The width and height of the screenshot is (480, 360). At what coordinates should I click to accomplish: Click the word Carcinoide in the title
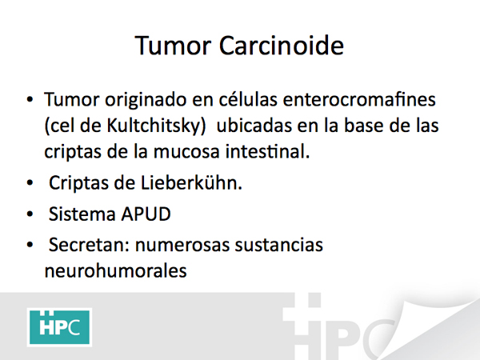pos(282,46)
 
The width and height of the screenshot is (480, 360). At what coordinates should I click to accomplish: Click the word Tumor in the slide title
pos(173,46)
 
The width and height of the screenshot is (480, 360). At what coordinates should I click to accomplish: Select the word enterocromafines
pos(359,99)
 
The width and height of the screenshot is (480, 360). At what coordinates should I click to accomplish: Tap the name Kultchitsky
pos(157,126)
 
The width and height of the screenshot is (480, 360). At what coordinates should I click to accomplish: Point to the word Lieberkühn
pos(191,182)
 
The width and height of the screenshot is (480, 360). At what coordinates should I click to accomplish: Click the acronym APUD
pos(146,214)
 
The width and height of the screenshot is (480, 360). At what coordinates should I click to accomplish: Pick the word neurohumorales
pos(116,270)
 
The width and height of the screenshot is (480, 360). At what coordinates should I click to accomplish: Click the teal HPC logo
pos(60,327)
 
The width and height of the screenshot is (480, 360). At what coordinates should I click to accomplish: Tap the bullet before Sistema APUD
pos(30,214)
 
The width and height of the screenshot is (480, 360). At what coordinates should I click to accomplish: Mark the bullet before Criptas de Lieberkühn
pos(30,182)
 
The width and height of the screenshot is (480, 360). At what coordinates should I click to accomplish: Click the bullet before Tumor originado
pos(30,99)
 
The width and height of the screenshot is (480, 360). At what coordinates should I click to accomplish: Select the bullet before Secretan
pos(30,245)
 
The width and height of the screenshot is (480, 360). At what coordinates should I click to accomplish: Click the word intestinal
pos(267,151)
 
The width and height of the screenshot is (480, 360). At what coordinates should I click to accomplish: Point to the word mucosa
pos(186,152)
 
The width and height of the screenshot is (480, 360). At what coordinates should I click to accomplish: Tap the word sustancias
pos(279,245)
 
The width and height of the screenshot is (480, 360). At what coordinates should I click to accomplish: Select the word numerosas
pos(182,246)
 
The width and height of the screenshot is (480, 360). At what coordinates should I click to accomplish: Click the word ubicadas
pos(254,126)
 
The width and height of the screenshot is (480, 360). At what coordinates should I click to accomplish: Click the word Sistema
pos(82,214)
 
